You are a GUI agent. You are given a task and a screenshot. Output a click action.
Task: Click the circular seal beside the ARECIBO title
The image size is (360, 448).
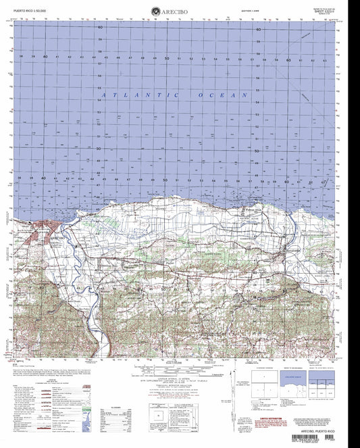(x=155, y=10)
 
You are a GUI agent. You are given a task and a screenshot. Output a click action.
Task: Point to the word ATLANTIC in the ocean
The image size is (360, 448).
(x=129, y=96)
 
